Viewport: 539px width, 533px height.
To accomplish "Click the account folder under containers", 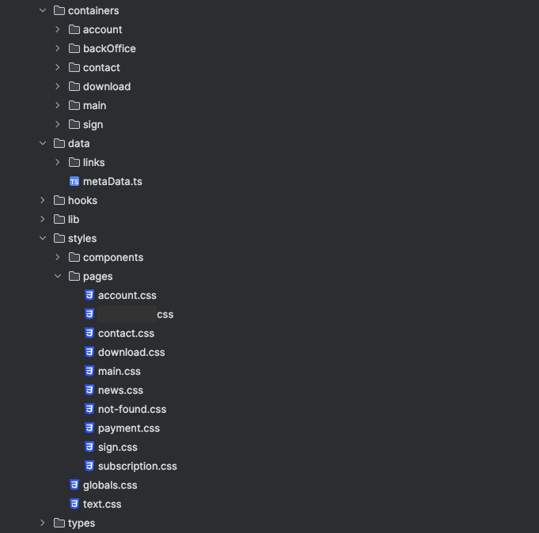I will point(102,29).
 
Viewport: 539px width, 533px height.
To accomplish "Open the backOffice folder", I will point(109,48).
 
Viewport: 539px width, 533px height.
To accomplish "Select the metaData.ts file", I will point(112,181).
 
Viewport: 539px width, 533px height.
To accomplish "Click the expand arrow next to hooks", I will point(43,200).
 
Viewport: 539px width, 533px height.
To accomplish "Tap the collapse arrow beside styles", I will point(43,238).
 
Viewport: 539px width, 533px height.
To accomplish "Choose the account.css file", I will point(127,295).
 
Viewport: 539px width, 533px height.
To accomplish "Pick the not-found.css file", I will point(132,409).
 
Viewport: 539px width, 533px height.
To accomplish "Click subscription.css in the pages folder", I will point(137,466).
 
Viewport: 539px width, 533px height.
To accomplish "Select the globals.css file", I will point(110,485).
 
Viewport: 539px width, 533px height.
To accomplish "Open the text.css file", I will point(102,504).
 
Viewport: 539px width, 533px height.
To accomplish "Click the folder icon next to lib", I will point(59,219).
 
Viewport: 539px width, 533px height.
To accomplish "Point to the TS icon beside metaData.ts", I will point(74,181).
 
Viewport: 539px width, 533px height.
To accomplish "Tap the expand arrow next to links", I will point(58,162).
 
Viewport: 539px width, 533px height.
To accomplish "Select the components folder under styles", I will point(113,257).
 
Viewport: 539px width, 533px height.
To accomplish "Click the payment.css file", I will point(129,428).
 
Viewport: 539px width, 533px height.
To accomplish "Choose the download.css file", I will point(131,352).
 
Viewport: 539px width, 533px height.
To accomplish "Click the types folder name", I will point(82,523).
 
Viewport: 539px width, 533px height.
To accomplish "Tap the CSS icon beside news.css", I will point(89,390).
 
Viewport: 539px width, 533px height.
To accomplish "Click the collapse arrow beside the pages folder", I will point(58,276).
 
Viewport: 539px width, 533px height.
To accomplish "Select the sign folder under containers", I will point(93,124).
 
